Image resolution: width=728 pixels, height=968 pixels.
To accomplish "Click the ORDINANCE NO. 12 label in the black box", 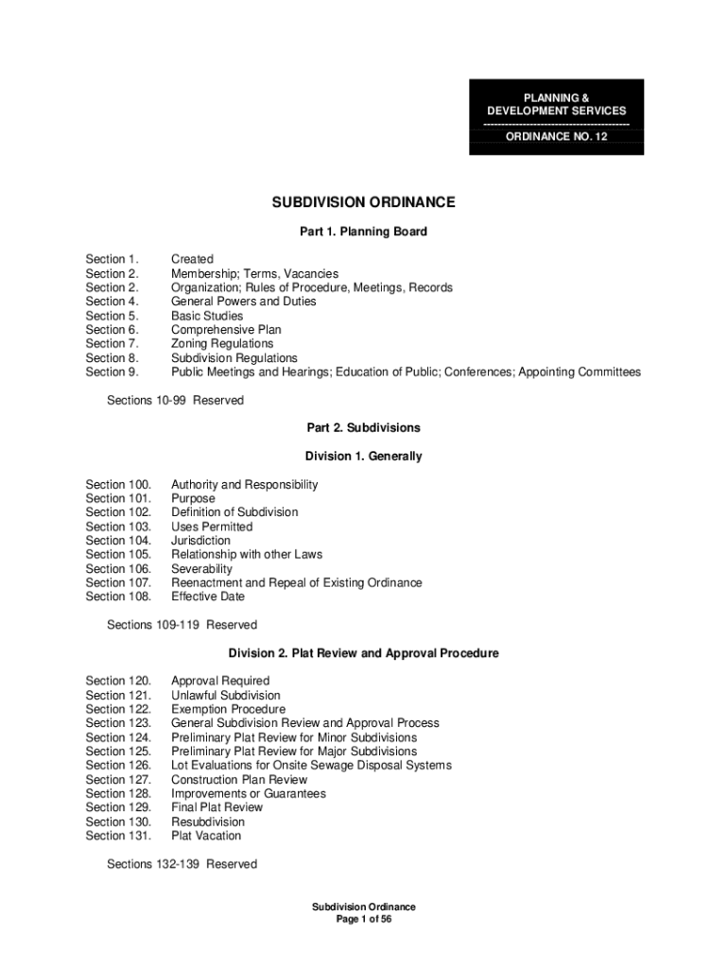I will [x=556, y=137].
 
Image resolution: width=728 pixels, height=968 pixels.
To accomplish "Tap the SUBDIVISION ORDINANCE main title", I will [x=364, y=202].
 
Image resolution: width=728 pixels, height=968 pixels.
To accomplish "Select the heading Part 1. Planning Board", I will [x=364, y=232].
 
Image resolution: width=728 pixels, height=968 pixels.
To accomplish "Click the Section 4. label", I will [x=113, y=302].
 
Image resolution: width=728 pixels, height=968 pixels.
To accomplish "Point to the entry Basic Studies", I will [x=207, y=316].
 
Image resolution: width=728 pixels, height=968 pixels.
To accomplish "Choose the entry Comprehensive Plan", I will [x=226, y=330].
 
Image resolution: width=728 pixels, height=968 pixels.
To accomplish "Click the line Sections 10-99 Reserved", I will [x=175, y=400].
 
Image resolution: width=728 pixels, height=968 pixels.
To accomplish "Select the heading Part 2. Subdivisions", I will [x=364, y=428].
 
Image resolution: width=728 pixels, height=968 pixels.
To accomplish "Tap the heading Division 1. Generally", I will [x=364, y=457].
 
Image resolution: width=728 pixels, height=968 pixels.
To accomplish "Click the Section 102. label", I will [x=118, y=512].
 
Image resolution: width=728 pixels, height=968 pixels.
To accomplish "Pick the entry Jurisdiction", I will [x=200, y=541].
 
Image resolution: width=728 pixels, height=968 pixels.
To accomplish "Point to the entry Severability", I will [x=201, y=569].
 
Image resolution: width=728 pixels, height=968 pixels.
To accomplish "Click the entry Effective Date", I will [x=208, y=596].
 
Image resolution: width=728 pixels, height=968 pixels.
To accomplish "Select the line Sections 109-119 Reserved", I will [x=182, y=625].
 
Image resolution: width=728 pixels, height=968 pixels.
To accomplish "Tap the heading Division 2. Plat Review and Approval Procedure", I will [x=364, y=653].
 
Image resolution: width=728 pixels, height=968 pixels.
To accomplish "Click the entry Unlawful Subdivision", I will [x=226, y=695].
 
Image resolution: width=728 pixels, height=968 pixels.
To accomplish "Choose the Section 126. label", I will [x=118, y=766].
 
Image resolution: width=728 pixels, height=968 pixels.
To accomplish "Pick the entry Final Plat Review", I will [x=217, y=807].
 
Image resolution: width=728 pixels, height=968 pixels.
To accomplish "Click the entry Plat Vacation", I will [x=206, y=836].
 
